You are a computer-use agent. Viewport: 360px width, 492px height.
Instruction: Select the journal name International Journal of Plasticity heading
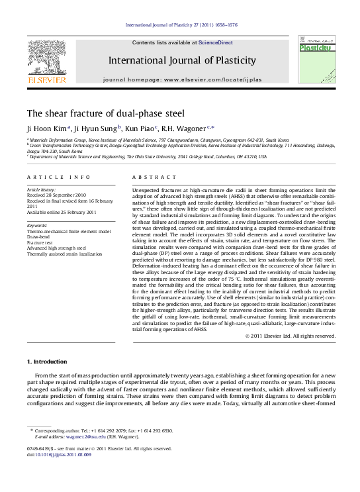182,61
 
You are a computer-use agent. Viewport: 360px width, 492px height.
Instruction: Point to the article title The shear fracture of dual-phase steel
105,113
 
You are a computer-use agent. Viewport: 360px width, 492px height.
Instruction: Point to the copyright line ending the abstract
291,336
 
